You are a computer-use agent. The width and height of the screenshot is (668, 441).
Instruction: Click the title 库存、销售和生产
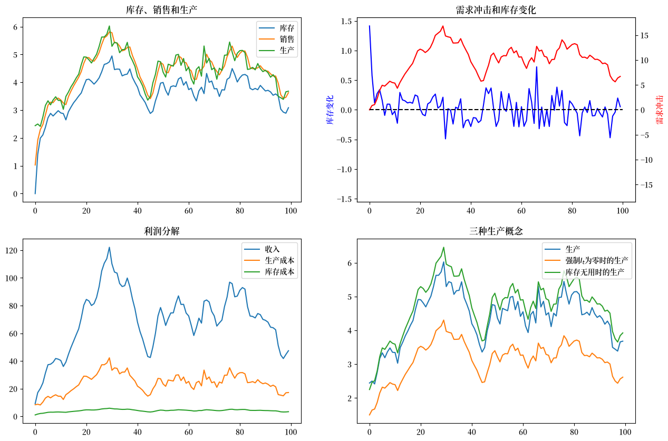click(x=161, y=10)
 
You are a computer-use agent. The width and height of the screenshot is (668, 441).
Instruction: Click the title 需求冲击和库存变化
click(x=496, y=10)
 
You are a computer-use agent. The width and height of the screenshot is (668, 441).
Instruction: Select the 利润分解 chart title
click(x=162, y=231)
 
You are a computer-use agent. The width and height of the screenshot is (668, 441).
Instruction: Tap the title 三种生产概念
click(x=496, y=231)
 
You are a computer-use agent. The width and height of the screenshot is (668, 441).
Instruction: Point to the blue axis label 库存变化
click(x=330, y=110)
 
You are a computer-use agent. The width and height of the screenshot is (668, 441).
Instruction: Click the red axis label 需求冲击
click(x=659, y=110)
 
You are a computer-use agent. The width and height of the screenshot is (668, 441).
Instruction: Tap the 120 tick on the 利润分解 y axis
click(x=12, y=251)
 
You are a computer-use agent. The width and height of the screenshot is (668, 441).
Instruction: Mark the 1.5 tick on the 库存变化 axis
click(x=346, y=21)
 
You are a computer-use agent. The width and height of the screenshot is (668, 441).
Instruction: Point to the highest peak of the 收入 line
click(x=109, y=247)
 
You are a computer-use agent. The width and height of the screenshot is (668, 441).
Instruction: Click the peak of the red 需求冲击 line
click(x=443, y=26)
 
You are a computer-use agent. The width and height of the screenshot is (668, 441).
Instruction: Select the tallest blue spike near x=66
click(x=537, y=67)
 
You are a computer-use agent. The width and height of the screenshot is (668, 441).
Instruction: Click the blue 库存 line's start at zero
click(x=35, y=194)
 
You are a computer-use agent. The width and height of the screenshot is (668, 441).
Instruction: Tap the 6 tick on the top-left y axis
click(x=15, y=27)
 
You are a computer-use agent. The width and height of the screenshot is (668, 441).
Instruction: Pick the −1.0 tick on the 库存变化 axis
click(x=344, y=169)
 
